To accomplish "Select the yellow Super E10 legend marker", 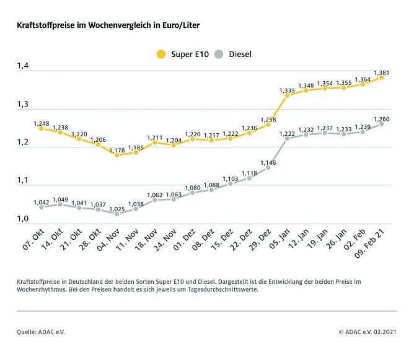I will tap(161, 54).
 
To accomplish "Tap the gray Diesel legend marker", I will tap(218, 54).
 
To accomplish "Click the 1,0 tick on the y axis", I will tap(24, 218).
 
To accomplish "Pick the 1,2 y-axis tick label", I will tap(24, 142).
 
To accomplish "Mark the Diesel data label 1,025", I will tap(117, 207).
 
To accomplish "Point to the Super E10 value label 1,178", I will tap(117, 148).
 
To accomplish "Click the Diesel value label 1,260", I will tap(381, 117).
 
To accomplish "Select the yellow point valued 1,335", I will tap(287, 95).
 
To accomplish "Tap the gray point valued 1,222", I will tap(287, 138).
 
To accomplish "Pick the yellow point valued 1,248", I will tap(41, 128).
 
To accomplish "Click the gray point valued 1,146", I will tap(268, 167).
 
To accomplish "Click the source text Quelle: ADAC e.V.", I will tap(41, 332).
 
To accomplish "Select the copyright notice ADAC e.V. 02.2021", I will tap(368, 332).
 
